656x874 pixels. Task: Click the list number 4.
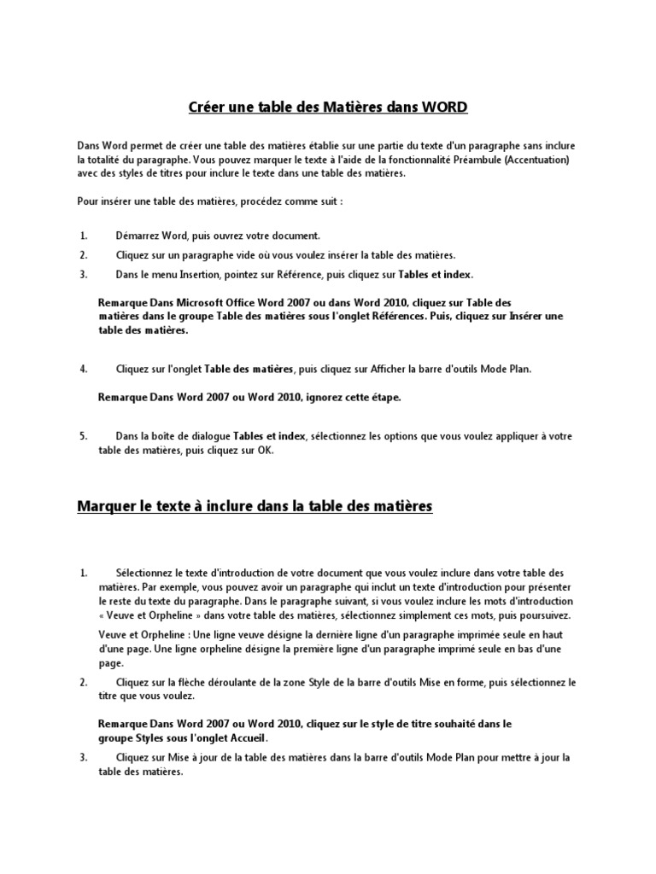[84, 369]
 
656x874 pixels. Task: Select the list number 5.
[84, 436]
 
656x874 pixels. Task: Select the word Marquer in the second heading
[106, 506]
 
